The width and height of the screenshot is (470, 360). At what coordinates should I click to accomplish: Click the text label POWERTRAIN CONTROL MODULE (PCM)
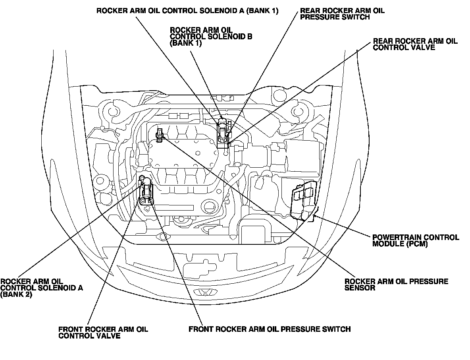416,241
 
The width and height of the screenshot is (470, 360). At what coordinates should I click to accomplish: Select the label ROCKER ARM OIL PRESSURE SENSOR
396,285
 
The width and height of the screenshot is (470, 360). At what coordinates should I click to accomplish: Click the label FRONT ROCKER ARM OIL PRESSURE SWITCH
270,329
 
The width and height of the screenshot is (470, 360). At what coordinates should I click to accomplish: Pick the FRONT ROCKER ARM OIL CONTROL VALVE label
103,333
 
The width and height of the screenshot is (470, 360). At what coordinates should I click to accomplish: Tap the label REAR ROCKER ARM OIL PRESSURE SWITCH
342,14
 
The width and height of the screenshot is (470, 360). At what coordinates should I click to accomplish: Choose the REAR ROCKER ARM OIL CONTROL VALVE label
415,44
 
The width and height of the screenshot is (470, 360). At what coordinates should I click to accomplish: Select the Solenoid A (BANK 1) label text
187,11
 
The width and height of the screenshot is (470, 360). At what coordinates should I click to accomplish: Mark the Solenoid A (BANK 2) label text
41,288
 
